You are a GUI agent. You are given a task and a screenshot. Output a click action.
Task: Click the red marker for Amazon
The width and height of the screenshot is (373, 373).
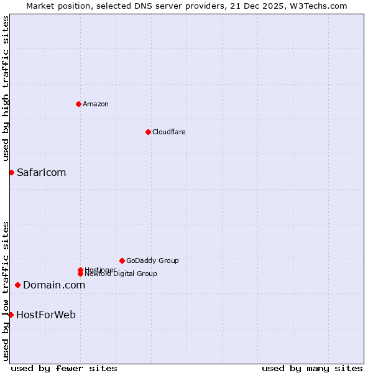coord(78,104)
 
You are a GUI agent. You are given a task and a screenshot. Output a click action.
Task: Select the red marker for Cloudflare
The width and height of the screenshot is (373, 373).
coord(148,132)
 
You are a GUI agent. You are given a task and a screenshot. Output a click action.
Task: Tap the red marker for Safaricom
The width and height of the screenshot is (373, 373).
coord(11,172)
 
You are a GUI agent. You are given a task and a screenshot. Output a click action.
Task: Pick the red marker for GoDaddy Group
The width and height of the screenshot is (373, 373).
coord(122,260)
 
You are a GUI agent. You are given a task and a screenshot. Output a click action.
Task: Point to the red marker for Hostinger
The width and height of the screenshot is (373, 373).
coord(80,270)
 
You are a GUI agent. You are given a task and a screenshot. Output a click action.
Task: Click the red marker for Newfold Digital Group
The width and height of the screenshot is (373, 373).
coord(80,274)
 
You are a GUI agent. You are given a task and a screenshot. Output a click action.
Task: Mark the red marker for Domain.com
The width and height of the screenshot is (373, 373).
coord(17,285)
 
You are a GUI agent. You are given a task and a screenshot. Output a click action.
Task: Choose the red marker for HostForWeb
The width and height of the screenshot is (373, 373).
coord(11,315)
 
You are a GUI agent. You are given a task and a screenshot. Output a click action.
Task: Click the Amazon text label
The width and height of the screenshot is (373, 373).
coord(96,104)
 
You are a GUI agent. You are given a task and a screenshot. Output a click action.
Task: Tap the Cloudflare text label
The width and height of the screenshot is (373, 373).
coord(169,132)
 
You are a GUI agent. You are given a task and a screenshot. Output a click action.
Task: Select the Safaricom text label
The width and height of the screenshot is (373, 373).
coord(41,172)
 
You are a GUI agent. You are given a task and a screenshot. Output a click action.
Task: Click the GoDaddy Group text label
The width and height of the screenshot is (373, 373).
coord(152,260)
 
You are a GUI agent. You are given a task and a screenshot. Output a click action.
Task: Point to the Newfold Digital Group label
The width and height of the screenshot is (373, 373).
coord(121,274)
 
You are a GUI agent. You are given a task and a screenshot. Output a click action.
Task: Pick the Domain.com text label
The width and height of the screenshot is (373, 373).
coord(54,285)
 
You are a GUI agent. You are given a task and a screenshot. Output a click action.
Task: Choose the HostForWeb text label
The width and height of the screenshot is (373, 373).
coord(46,315)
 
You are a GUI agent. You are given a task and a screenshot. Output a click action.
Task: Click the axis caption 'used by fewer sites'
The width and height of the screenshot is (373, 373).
coord(64,368)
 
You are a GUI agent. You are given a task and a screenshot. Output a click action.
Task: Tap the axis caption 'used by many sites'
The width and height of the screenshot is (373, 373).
coord(312,368)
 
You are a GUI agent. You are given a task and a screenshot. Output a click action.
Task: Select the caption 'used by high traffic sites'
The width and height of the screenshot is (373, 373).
coord(6,88)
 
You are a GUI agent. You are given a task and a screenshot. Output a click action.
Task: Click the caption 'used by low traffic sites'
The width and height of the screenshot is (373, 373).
coord(6,291)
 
